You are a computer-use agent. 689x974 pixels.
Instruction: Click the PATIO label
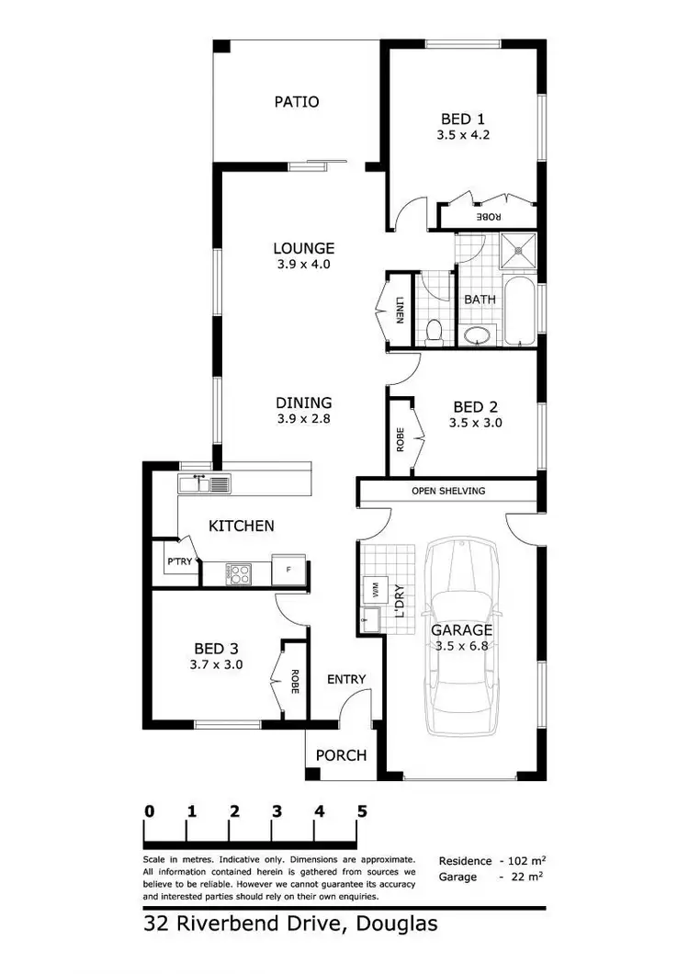click(297, 101)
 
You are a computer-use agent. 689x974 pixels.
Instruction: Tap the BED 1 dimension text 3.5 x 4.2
click(464, 134)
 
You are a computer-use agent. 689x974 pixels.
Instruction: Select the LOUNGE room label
click(303, 248)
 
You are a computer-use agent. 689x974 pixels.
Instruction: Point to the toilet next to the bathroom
click(436, 329)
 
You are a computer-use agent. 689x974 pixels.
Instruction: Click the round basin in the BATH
click(478, 334)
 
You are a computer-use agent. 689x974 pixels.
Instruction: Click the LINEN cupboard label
click(400, 311)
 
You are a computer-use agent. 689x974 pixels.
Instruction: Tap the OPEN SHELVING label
click(448, 491)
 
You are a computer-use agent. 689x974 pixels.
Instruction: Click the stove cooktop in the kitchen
click(240, 573)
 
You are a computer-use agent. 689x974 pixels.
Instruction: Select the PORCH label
click(341, 755)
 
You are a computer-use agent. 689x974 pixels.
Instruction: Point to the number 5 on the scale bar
click(362, 811)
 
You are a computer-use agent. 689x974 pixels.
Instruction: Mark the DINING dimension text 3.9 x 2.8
click(303, 418)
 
